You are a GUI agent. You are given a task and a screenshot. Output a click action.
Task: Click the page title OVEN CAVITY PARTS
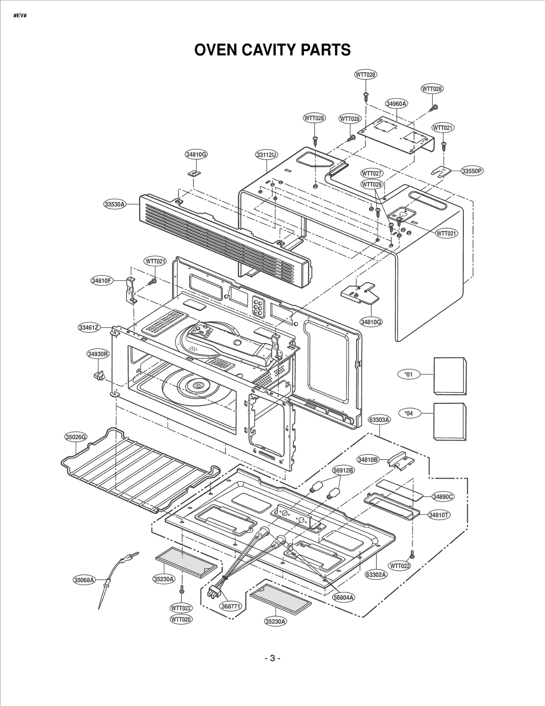(272, 50)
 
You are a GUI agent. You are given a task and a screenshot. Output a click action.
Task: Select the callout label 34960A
(397, 104)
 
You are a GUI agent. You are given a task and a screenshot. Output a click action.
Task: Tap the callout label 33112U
(267, 155)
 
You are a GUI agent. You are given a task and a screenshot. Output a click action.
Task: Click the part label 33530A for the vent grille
(115, 204)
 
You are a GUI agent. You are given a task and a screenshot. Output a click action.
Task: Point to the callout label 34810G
(196, 154)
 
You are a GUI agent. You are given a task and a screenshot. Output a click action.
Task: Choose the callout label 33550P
(472, 171)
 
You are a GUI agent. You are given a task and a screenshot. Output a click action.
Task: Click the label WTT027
(372, 173)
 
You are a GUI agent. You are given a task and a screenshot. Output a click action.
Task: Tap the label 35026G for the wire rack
(76, 437)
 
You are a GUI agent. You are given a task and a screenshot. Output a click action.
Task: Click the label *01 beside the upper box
(408, 375)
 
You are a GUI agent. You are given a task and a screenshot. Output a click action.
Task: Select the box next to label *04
(450, 422)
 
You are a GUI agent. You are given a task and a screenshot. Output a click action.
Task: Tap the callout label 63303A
(379, 420)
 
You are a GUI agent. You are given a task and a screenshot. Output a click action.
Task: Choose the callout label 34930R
(98, 354)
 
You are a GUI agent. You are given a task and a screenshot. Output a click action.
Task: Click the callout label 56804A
(343, 597)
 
